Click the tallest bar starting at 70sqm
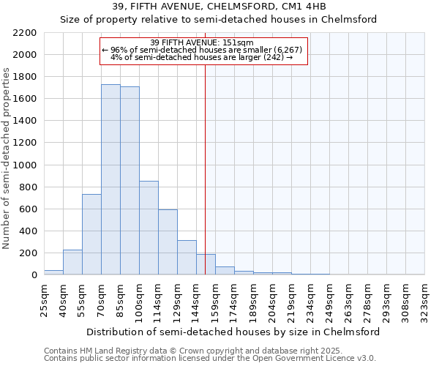[x=110, y=179]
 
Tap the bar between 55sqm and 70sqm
[x=91, y=234]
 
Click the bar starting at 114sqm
[x=168, y=242]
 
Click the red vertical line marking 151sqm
[x=205, y=168]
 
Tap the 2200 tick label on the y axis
[x=25, y=33]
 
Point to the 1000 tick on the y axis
[x=25, y=165]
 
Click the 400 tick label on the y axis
[x=28, y=231]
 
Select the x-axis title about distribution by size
[x=233, y=332]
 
